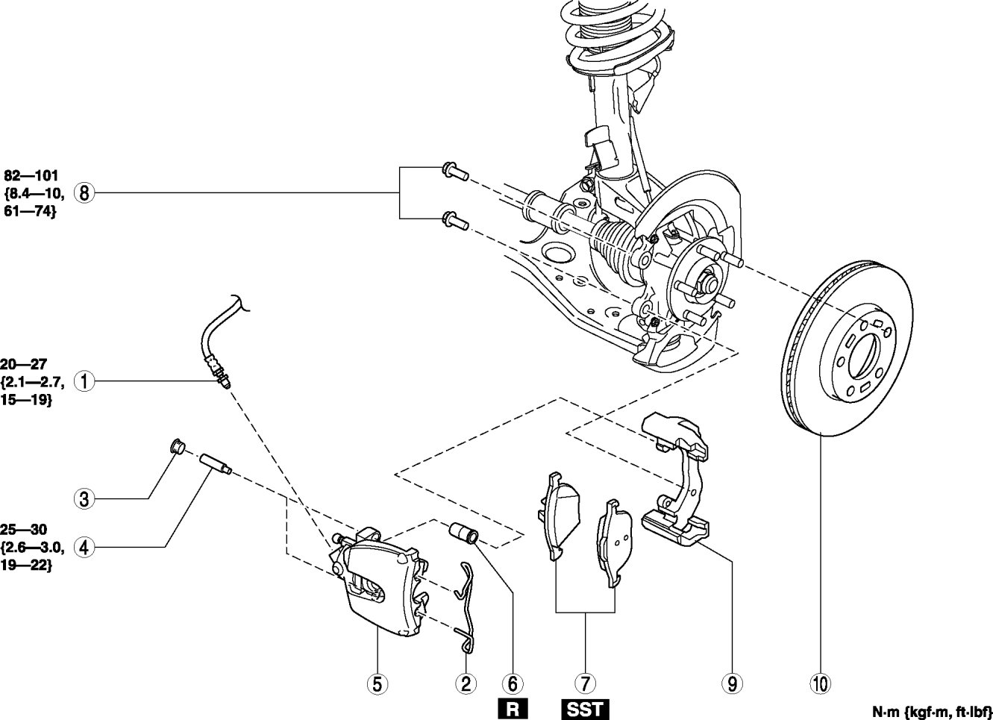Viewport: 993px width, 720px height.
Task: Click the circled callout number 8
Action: (84, 194)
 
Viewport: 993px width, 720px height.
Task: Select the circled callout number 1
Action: (84, 382)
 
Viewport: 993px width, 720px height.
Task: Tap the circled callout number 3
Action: (84, 498)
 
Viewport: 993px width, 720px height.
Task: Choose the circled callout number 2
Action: (466, 683)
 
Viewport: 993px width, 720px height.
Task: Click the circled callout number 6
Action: (513, 683)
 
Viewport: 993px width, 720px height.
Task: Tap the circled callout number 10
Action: (819, 683)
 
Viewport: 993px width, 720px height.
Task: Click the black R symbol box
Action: (513, 709)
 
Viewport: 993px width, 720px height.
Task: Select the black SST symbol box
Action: (586, 709)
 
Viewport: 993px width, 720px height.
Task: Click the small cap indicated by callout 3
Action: (178, 448)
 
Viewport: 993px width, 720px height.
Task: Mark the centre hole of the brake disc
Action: (866, 348)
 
